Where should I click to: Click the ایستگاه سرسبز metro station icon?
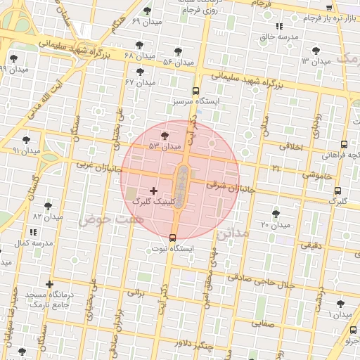(x=195, y=91)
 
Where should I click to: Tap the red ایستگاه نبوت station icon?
(x=173, y=237)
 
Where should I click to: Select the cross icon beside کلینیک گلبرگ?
(x=153, y=191)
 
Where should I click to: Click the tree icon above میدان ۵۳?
(x=165, y=136)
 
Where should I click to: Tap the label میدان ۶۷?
(x=139, y=82)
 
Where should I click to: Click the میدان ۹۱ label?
(x=27, y=151)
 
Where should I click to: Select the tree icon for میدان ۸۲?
(x=48, y=206)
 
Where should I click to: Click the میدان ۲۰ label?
(x=275, y=225)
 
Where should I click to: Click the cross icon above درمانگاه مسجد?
(x=49, y=285)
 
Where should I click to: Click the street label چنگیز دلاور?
(x=193, y=345)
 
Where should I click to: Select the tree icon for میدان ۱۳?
(x=315, y=50)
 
